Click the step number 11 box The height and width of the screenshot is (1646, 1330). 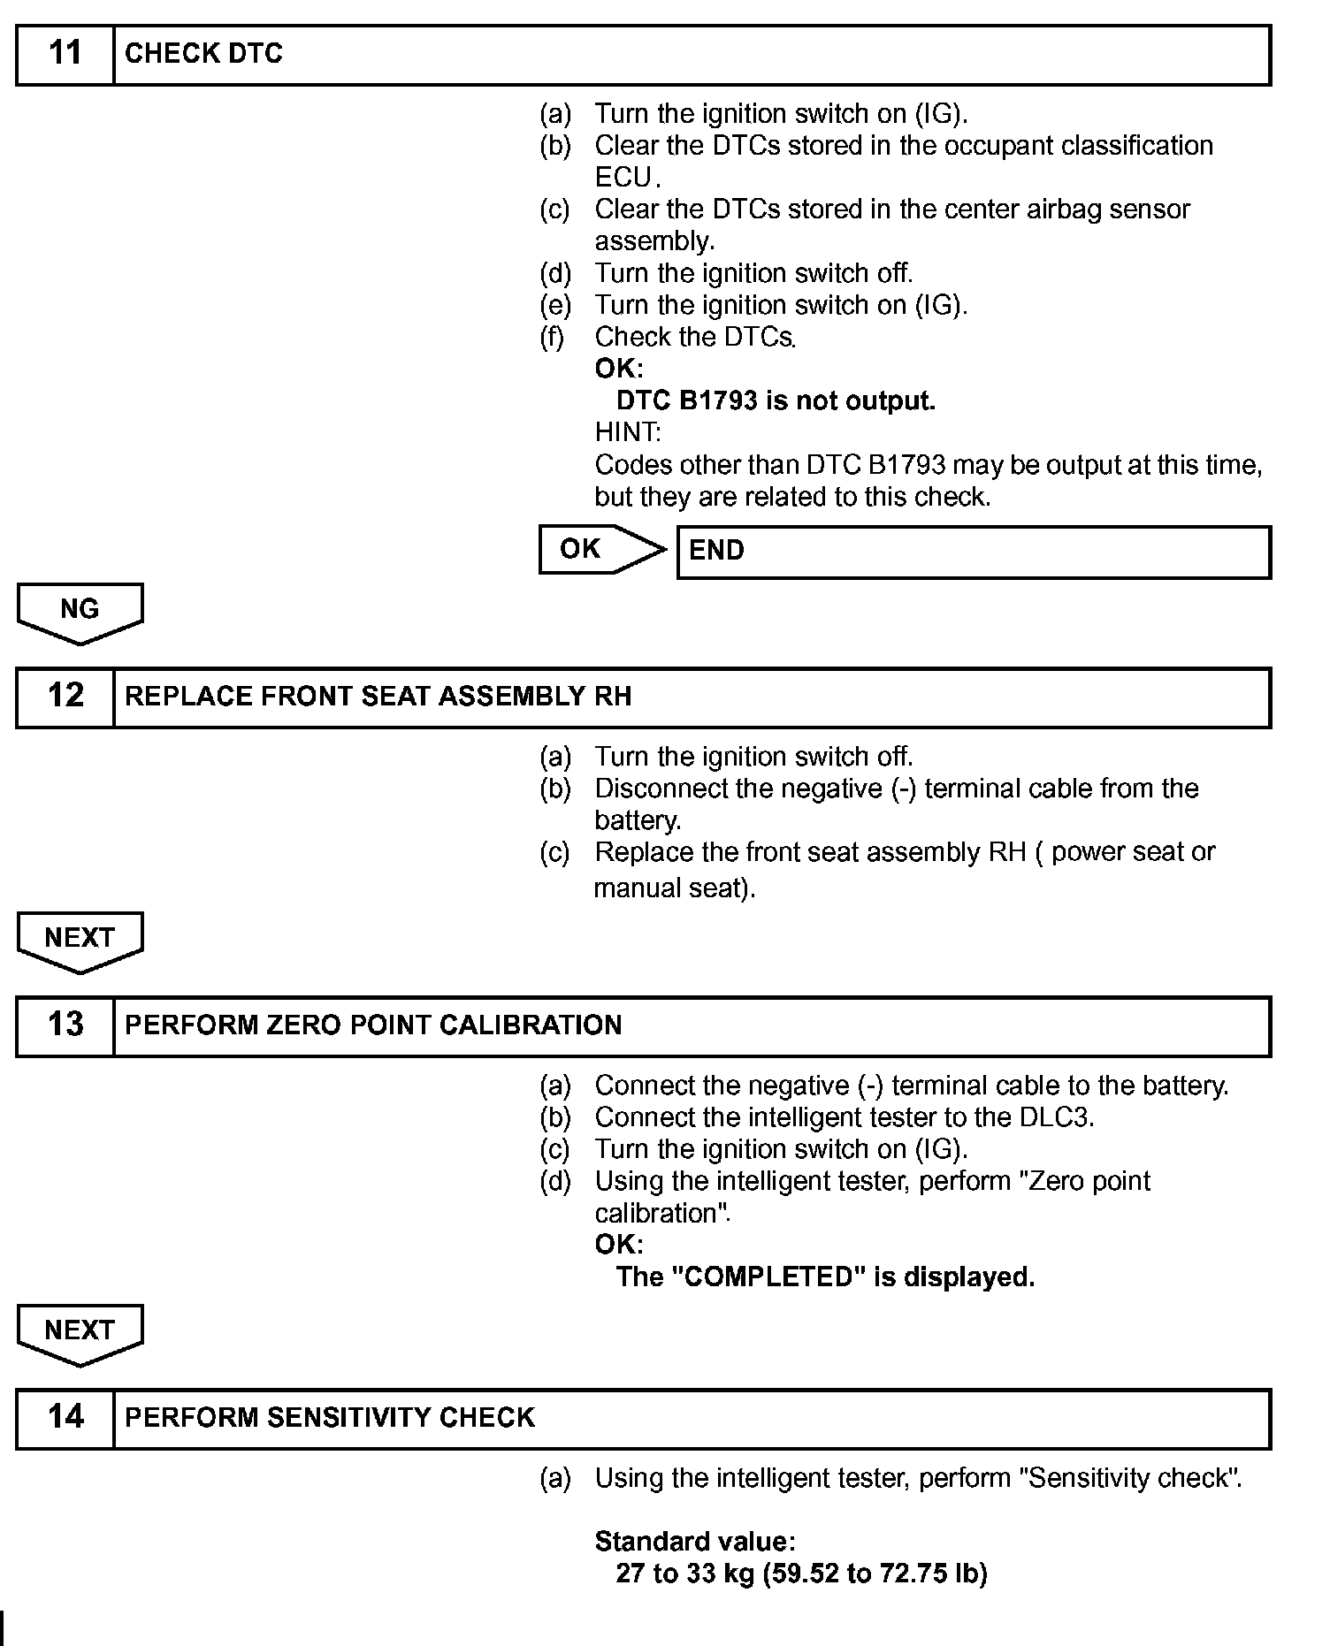point(65,54)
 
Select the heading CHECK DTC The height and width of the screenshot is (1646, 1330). point(203,54)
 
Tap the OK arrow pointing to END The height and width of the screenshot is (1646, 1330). point(601,549)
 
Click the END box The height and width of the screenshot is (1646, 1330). point(973,552)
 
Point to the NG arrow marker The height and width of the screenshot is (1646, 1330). point(80,611)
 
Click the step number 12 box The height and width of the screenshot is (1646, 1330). point(65,697)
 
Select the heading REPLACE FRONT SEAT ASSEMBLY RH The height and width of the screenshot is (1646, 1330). point(378,697)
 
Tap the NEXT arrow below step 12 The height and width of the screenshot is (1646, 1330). point(80,940)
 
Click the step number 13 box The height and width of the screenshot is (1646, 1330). point(65,1025)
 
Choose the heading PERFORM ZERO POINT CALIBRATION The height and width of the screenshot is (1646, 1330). point(373,1025)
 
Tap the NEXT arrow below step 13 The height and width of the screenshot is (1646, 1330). point(80,1332)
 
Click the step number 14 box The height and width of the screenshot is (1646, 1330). point(65,1418)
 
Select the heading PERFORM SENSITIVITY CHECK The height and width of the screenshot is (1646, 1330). point(330,1418)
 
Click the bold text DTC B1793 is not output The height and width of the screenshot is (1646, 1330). point(776,401)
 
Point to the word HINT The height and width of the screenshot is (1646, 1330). point(627,433)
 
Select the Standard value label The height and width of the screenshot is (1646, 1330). point(695,1543)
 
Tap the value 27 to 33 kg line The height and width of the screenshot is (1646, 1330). point(801,1574)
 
